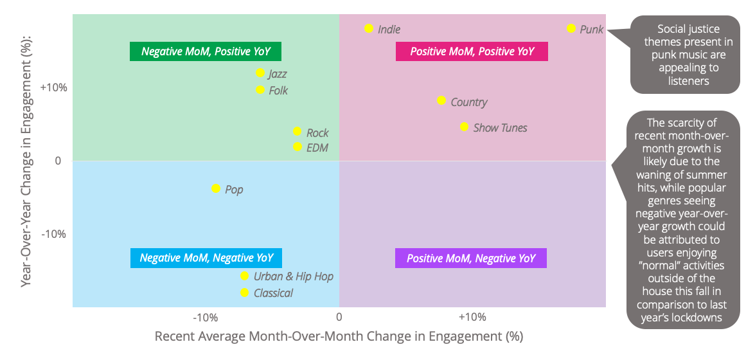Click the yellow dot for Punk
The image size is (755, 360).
571,28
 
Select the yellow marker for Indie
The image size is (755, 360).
369,28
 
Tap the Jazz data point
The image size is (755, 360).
260,73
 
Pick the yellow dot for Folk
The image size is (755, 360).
260,89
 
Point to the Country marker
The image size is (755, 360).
441,100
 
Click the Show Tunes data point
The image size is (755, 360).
464,127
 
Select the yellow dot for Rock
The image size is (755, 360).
297,132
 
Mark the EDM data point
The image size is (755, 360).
298,147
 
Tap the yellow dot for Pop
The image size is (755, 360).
216,188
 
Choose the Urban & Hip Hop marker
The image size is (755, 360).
245,276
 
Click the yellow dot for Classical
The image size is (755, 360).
245,292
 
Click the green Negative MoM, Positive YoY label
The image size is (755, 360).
206,51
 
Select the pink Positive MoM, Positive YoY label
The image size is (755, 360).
472,51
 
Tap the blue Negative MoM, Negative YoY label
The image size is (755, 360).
206,258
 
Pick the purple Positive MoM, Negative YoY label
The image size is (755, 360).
471,258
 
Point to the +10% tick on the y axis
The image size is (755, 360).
53,87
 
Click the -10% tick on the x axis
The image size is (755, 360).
206,318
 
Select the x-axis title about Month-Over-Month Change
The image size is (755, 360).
339,336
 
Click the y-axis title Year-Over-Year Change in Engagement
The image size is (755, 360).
28,161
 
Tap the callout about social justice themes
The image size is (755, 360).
685,55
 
